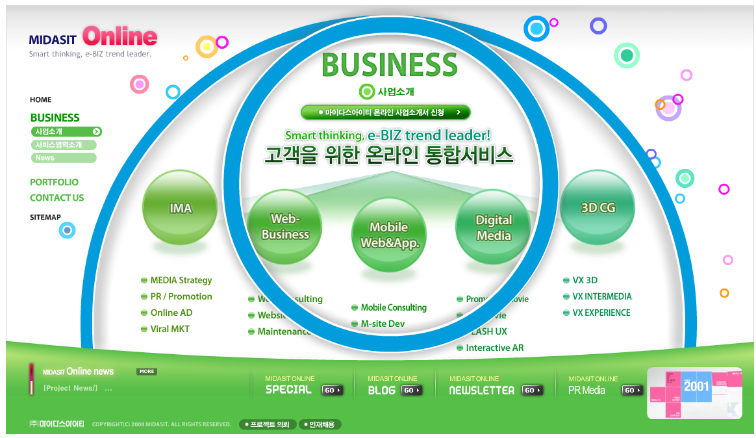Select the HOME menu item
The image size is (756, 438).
(x=40, y=99)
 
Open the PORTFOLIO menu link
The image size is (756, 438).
(x=54, y=182)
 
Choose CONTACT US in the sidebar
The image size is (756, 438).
(x=57, y=198)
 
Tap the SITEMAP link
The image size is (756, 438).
(x=45, y=217)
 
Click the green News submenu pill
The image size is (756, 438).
(x=63, y=158)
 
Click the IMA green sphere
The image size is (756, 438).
(x=180, y=207)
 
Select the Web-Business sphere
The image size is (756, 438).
(x=285, y=226)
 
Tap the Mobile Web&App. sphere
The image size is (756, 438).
(x=389, y=235)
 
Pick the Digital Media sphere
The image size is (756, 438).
(x=494, y=227)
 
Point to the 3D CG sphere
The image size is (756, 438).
(x=598, y=207)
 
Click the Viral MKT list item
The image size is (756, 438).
(x=170, y=329)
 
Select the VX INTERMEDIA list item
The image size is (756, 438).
(x=601, y=296)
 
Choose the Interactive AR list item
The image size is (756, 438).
(x=494, y=348)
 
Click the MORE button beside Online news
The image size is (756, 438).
(x=147, y=372)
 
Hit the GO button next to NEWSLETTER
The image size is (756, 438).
(x=533, y=391)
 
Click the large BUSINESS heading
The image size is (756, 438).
(x=390, y=65)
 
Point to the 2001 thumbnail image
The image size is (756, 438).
(x=694, y=393)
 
